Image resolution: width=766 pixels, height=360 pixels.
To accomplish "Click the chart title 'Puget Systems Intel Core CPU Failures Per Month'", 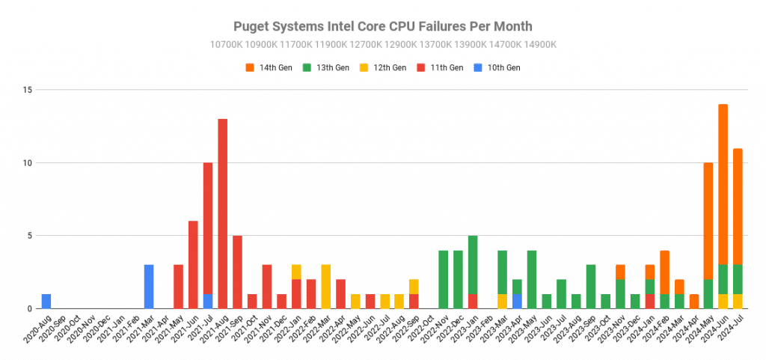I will tap(383, 27).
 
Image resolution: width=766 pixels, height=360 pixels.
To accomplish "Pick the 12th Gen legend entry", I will tap(384, 67).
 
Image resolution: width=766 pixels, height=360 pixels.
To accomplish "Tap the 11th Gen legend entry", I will tap(441, 67).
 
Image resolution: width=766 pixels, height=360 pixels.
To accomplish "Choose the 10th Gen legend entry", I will tap(498, 67).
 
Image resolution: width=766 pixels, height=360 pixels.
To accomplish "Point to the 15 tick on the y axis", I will tap(28, 90).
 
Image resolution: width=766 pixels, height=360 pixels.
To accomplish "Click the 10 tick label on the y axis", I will tap(28, 162).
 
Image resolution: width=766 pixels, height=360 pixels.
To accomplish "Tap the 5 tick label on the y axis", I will tap(30, 236).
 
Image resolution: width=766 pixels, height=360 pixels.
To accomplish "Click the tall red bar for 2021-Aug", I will tap(222, 213).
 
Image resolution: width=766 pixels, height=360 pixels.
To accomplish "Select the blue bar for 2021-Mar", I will tap(149, 287).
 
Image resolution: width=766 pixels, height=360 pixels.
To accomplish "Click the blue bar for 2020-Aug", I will tap(46, 301).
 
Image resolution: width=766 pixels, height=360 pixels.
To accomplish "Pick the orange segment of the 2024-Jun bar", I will tap(723, 183).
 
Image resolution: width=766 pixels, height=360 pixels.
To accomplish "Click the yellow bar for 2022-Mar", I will tap(325, 287).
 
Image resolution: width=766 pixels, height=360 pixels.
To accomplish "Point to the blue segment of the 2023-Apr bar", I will tap(517, 301).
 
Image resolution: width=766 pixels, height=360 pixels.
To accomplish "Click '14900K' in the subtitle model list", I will tap(539, 44).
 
